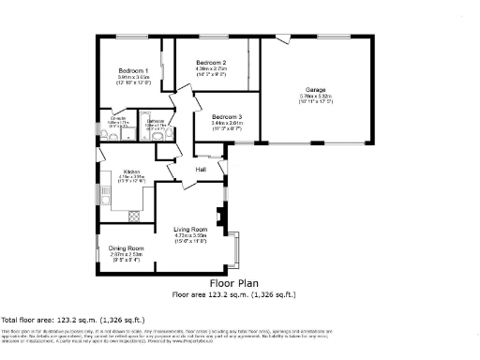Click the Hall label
pos(201,169)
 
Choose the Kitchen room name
pos(131,172)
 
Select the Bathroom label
pos(156,120)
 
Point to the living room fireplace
pos(219,218)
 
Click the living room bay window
pos(238,246)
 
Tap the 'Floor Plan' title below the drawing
pos(233,283)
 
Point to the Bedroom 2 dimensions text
pos(212,69)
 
